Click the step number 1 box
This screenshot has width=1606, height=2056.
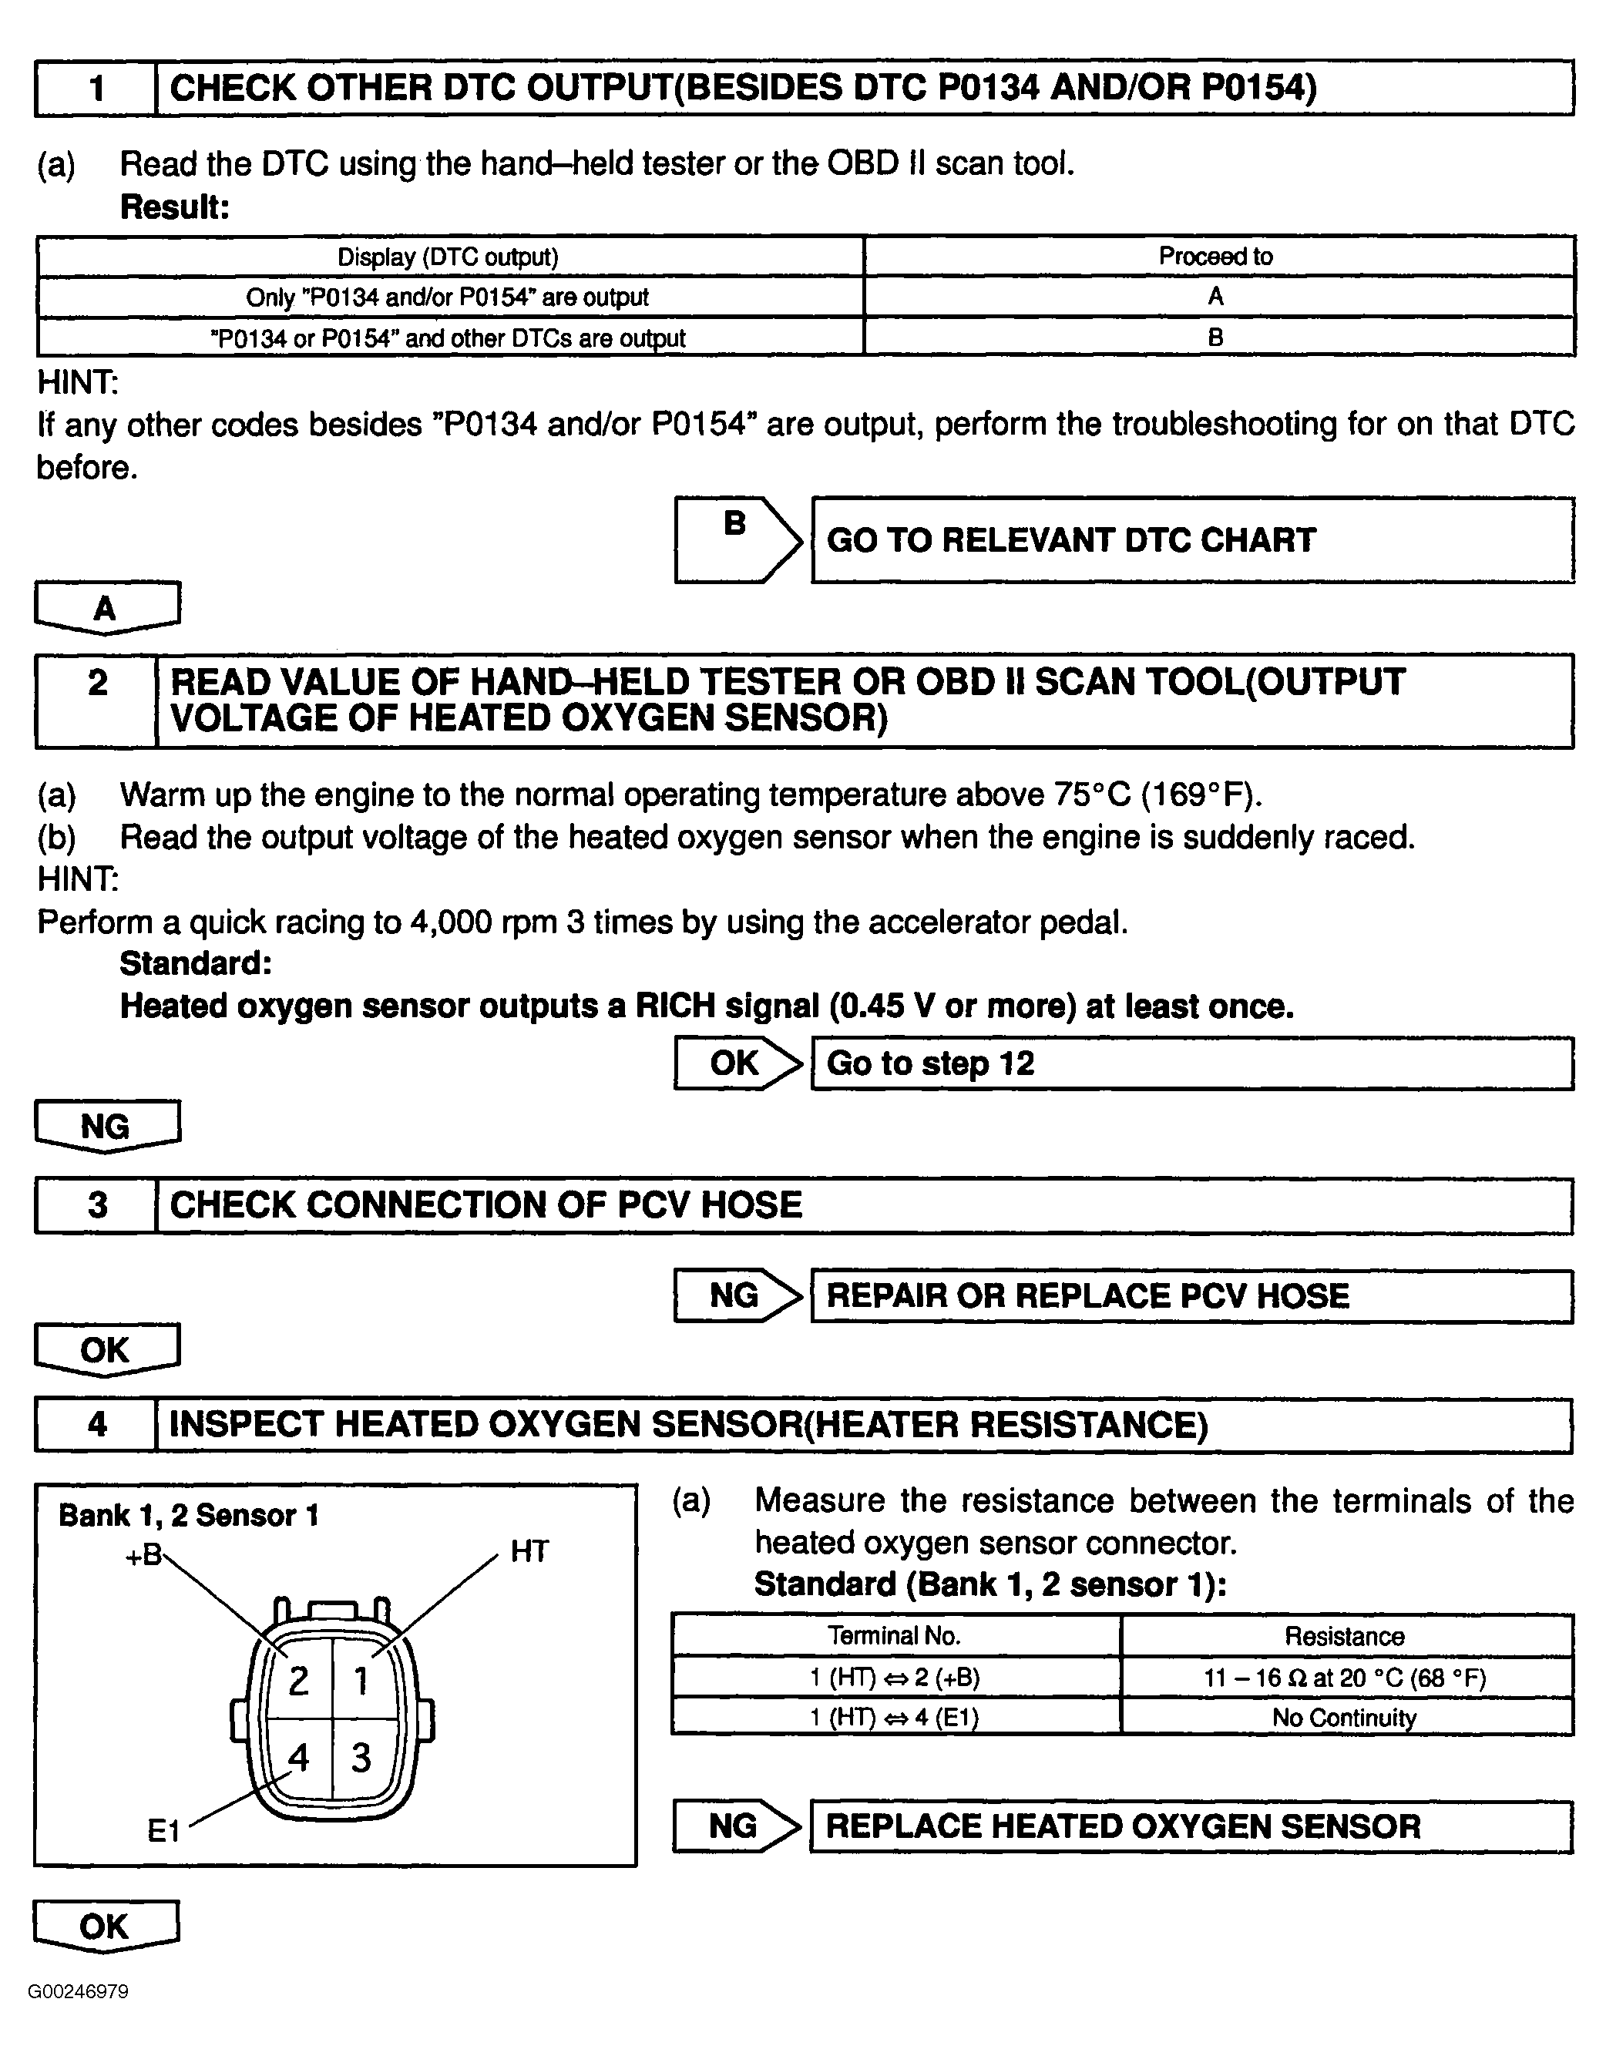pyautogui.click(x=96, y=89)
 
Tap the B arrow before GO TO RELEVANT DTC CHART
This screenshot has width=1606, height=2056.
pyautogui.click(x=737, y=539)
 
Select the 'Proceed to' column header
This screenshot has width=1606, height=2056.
pyautogui.click(x=1215, y=256)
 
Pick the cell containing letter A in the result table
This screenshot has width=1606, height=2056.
pyautogui.click(x=1215, y=297)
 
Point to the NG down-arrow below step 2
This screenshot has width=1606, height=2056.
pyautogui.click(x=106, y=1126)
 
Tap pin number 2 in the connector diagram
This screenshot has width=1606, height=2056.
pyautogui.click(x=298, y=1681)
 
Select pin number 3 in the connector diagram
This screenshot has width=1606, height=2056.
pyautogui.click(x=361, y=1758)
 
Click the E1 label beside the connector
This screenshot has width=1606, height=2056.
pyautogui.click(x=164, y=1831)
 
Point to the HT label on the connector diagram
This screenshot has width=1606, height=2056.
pyautogui.click(x=529, y=1551)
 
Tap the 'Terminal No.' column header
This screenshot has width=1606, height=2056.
pyautogui.click(x=894, y=1636)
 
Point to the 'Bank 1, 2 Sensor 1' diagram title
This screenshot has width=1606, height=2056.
pyautogui.click(x=188, y=1516)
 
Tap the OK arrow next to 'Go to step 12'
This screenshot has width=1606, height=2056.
pyautogui.click(x=737, y=1063)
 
